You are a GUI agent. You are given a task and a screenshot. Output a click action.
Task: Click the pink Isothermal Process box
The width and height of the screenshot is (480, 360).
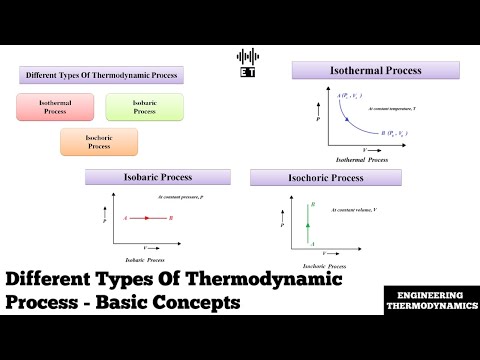[x=55, y=107]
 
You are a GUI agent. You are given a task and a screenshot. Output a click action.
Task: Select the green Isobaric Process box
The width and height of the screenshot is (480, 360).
[x=144, y=107]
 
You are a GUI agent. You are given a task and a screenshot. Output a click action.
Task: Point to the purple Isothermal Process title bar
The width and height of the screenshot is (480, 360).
[x=375, y=71]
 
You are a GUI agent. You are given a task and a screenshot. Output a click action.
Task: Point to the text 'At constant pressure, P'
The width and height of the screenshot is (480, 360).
[x=184, y=197]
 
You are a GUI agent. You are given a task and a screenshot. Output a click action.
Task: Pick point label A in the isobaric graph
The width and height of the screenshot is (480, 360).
[x=124, y=217]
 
